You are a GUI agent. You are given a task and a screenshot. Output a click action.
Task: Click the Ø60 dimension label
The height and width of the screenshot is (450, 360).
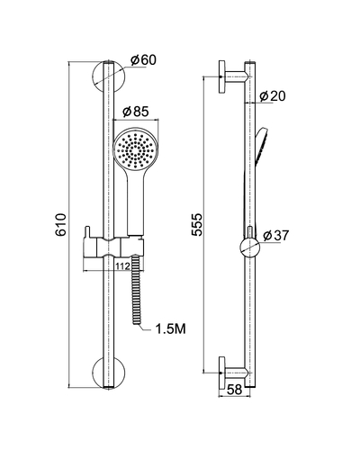pyautogui.click(x=143, y=60)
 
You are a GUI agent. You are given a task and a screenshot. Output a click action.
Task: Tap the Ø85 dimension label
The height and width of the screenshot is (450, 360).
pyautogui.click(x=136, y=112)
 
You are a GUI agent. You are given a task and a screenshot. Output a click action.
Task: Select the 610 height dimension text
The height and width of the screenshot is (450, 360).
pyautogui.click(x=60, y=224)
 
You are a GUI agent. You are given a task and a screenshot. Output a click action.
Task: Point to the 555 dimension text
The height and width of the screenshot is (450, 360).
pyautogui.click(x=197, y=224)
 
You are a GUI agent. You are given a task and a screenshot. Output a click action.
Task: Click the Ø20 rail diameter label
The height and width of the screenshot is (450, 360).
pyautogui.click(x=273, y=96)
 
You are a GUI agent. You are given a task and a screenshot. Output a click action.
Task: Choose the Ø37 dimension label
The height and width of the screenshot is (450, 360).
pyautogui.click(x=275, y=236)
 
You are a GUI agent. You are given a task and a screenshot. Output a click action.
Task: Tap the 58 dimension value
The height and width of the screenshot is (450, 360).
pyautogui.click(x=234, y=390)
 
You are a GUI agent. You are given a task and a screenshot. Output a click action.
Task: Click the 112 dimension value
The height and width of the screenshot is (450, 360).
pyautogui.click(x=122, y=265)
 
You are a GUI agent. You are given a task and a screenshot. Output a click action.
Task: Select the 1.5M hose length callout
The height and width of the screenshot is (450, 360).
pyautogui.click(x=170, y=329)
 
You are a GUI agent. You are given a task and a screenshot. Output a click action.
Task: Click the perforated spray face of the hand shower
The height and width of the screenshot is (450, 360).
pyautogui.click(x=136, y=148)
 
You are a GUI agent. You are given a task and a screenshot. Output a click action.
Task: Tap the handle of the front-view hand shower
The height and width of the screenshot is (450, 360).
pyautogui.click(x=136, y=204)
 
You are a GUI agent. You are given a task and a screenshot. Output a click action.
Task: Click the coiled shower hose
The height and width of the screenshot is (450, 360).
pyautogui.click(x=137, y=290)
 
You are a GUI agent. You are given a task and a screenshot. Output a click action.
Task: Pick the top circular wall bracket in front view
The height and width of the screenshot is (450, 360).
pyautogui.click(x=109, y=76)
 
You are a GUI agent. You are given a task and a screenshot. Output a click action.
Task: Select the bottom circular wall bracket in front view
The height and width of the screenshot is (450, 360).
pyautogui.click(x=109, y=373)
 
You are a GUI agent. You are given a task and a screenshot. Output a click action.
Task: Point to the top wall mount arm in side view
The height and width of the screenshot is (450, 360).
pyautogui.click(x=233, y=76)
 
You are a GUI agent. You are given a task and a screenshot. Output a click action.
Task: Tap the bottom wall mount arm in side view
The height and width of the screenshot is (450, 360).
pyautogui.click(x=233, y=373)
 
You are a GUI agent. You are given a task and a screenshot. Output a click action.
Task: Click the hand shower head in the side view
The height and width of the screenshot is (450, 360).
pyautogui.click(x=262, y=147)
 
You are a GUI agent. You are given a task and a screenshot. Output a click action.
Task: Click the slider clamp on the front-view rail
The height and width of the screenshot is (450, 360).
pyautogui.click(x=113, y=247)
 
